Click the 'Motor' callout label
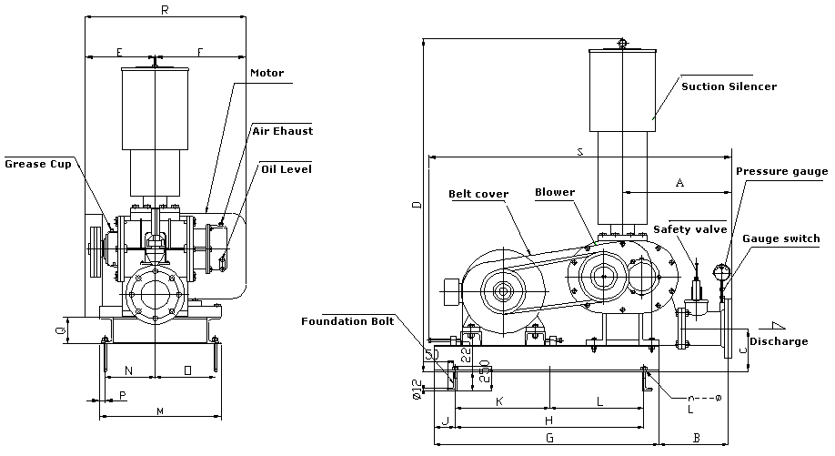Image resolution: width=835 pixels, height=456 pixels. pos(267,73)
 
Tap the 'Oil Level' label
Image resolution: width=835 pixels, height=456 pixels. pos(286,168)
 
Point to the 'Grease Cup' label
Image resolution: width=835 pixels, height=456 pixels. pos(37,164)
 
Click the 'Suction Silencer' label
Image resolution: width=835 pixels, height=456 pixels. pos(729,86)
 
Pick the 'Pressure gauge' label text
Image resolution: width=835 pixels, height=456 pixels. pos(781,171)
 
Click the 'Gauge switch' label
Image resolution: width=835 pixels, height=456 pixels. pos(785,238)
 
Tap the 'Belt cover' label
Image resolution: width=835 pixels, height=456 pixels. pos(478,194)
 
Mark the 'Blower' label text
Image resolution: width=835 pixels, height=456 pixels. pos(554,192)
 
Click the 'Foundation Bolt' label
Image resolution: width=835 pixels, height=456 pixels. pos(347,320)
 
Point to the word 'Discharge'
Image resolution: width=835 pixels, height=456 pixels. pos(778,341)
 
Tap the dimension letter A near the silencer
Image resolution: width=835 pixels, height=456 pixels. pos(679,183)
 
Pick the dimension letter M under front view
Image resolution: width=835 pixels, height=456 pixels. pos(160,412)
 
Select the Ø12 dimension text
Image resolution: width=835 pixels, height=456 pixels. pos(416,389)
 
